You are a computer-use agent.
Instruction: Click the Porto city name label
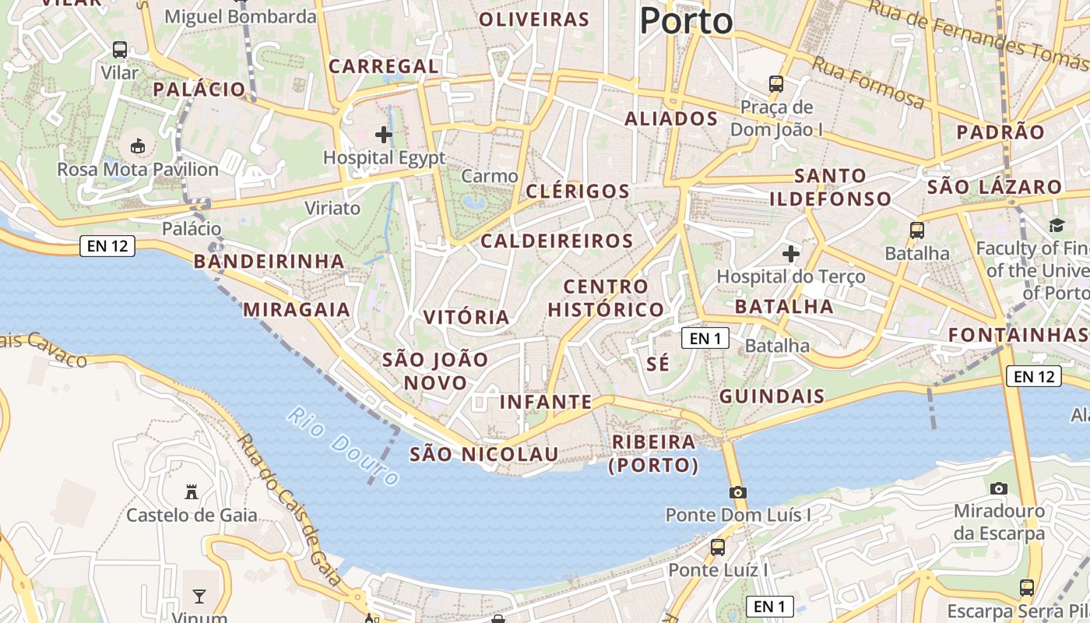[686, 21]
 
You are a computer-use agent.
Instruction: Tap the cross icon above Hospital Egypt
[383, 135]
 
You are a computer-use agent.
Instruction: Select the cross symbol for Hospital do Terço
[791, 253]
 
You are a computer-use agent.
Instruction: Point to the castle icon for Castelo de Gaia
[192, 492]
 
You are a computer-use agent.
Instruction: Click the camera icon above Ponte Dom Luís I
[737, 492]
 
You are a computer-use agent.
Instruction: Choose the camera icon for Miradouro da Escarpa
[999, 488]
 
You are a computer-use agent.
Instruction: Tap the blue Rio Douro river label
[343, 445]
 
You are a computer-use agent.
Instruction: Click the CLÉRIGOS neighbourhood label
[578, 191]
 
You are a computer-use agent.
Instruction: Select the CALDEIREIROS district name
[557, 241]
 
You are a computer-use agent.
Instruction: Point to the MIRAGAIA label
[297, 310]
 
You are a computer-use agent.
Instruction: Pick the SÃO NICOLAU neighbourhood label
[484, 454]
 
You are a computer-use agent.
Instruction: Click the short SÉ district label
[658, 364]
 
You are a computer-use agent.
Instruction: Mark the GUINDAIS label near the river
[772, 396]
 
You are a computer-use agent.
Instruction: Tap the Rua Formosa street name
[868, 84]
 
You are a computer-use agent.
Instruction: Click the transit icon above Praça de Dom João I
[775, 83]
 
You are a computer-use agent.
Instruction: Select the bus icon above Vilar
[120, 49]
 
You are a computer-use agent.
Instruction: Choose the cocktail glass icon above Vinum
[199, 597]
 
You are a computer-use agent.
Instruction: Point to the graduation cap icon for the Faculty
[1057, 226]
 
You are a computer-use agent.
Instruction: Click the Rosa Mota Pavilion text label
[138, 170]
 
